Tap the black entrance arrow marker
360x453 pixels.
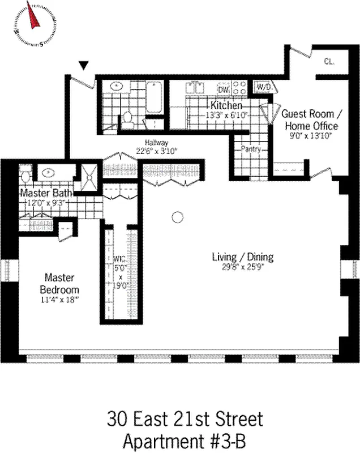pyautogui.click(x=84, y=66)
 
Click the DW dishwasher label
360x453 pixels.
pyautogui.click(x=223, y=89)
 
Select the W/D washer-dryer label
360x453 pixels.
pyautogui.click(x=264, y=87)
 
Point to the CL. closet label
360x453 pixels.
pyautogui.click(x=329, y=61)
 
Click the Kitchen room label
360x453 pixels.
pyautogui.click(x=227, y=105)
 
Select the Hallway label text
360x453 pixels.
pyautogui.click(x=156, y=143)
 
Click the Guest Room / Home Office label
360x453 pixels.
pyautogui.click(x=310, y=119)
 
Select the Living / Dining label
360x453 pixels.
pyautogui.click(x=242, y=257)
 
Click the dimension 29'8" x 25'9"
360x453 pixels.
pyautogui.click(x=243, y=267)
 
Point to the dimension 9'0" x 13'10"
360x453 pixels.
pyautogui.click(x=310, y=136)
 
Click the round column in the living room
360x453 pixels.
pyautogui.click(x=178, y=216)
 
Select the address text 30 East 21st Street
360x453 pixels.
pyautogui.click(x=185, y=420)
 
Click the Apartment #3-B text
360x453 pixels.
pyautogui.click(x=185, y=441)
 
